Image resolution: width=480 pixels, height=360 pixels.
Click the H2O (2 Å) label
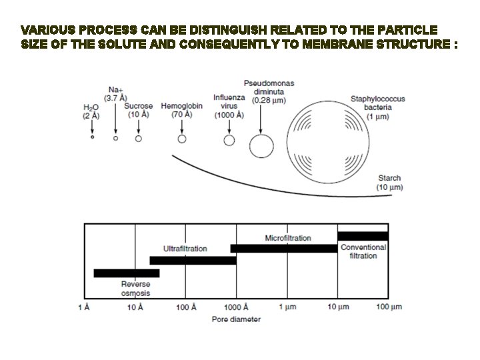click(91, 111)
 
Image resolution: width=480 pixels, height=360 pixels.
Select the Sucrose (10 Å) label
click(138, 110)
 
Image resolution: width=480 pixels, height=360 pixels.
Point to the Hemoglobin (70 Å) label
click(181, 110)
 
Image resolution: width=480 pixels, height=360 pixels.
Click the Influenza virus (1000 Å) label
click(229, 105)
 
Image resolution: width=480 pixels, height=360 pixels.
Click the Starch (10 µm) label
click(389, 183)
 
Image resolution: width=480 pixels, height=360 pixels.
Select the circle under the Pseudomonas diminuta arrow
click(261, 144)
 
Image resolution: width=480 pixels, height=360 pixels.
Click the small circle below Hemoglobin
click(181, 139)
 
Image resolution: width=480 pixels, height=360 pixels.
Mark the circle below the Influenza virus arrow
click(229, 140)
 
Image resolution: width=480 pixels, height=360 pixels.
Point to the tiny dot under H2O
click(92, 137)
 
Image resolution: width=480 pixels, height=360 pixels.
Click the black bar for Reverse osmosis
click(127, 273)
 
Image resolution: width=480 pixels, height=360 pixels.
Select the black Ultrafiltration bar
click(193, 260)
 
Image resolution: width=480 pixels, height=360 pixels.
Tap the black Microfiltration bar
click(284, 248)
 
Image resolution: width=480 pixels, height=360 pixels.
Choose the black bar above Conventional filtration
click(363, 235)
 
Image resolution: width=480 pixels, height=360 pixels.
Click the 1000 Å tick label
click(236, 307)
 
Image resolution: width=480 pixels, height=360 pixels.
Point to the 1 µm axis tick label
click(287, 307)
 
